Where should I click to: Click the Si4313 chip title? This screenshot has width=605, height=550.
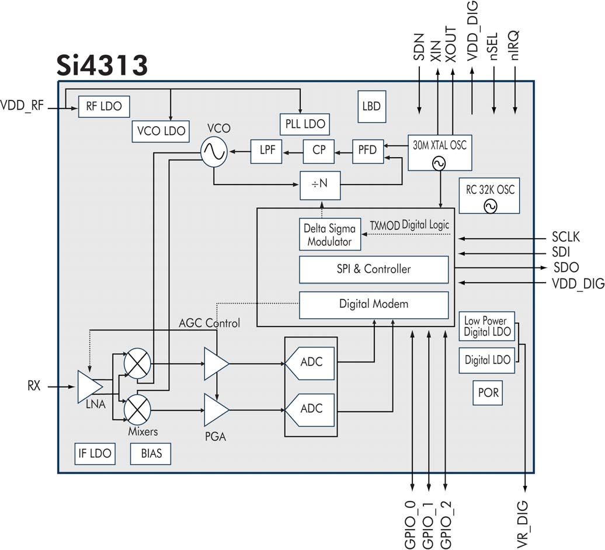tap(102, 65)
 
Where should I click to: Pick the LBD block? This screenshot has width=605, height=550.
tap(371, 106)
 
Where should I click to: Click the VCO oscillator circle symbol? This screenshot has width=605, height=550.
tap(213, 152)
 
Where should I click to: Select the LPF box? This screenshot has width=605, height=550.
tap(266, 151)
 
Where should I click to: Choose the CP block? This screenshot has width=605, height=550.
tap(318, 151)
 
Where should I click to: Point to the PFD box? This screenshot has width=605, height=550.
tap(368, 151)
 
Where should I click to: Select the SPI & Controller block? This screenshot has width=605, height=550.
tap(373, 269)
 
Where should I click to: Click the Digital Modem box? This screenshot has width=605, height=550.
tap(373, 304)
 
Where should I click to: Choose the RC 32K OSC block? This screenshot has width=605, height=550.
tap(489, 196)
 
